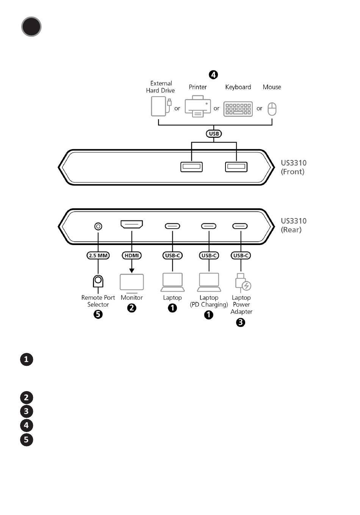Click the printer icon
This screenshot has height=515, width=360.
point(197,106)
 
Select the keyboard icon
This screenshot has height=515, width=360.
point(238,109)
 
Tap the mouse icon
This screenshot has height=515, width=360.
point(272,109)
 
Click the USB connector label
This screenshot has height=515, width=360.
point(214,134)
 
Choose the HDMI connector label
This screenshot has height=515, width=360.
point(131,256)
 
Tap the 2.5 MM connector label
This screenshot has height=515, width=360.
point(98,256)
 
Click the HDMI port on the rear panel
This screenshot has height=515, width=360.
point(131,224)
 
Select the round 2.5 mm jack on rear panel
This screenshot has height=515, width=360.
point(98,226)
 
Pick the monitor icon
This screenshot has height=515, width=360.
point(131,283)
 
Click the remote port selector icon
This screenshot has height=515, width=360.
point(98,281)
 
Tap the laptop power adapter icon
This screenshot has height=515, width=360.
point(243,282)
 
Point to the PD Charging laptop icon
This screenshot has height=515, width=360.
point(209,282)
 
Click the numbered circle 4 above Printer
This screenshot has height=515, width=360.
point(213,75)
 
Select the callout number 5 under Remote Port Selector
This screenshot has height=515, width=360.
point(98,314)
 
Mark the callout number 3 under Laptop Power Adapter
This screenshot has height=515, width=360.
point(241,322)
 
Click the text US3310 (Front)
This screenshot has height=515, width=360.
point(294,167)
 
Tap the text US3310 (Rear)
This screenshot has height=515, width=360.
point(294,225)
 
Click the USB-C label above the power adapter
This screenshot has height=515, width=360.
point(241,256)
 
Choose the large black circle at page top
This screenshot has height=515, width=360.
point(31,27)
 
